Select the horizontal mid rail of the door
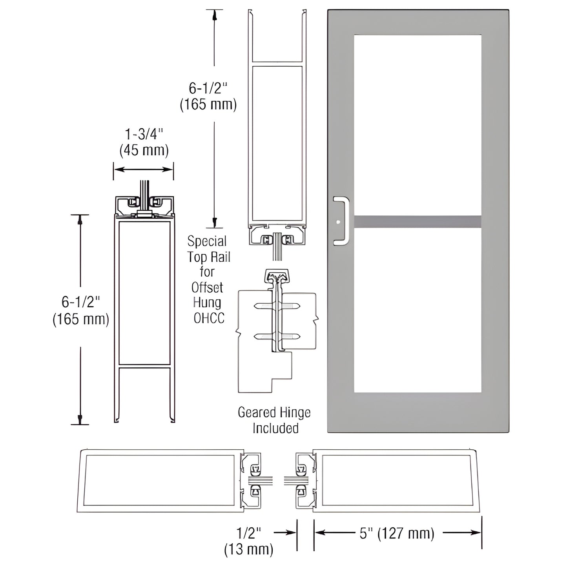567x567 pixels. click(418, 222)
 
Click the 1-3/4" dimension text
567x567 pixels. click(144, 135)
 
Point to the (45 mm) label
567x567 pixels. click(144, 150)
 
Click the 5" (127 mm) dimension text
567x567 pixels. click(397, 533)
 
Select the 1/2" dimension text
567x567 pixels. click(249, 533)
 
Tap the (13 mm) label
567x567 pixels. click(249, 549)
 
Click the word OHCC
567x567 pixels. click(209, 318)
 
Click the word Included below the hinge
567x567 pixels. click(275, 428)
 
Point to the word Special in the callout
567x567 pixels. click(207, 241)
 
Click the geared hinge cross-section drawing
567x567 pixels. click(277, 330)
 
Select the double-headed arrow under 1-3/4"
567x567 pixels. click(144, 170)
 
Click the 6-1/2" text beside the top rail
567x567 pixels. click(208, 89)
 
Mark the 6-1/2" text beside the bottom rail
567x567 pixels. click(81, 302)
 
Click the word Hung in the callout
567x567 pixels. click(207, 303)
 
